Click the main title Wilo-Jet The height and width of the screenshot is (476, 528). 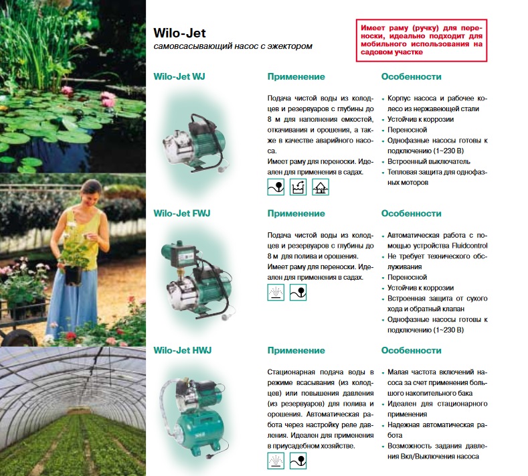(179, 33)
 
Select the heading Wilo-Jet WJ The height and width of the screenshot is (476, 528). (179, 76)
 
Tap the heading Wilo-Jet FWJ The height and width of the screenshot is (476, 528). (182, 214)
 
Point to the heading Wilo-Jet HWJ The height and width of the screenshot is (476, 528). (183, 350)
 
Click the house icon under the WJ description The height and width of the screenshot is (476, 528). (321, 187)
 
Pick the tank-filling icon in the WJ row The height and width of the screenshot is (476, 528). (298, 187)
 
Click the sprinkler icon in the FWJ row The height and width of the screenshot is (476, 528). (276, 293)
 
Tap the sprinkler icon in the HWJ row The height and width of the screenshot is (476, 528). (276, 461)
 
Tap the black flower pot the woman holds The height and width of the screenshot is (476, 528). (74, 275)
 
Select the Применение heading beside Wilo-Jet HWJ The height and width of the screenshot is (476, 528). (296, 350)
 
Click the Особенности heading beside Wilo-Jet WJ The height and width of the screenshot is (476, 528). (411, 76)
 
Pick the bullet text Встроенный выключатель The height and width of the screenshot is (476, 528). (429, 161)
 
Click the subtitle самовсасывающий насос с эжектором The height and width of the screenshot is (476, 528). (233, 46)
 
